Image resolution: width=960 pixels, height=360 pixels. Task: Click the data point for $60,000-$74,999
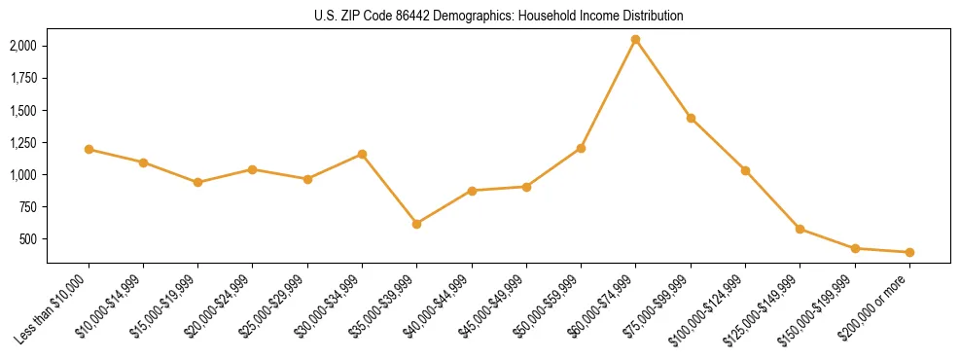(635, 40)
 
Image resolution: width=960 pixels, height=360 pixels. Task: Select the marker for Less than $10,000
(89, 150)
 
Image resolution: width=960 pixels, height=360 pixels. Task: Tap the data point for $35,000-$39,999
(416, 224)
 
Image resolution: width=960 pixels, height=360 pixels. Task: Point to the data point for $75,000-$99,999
(691, 118)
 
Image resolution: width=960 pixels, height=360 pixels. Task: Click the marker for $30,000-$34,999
(362, 154)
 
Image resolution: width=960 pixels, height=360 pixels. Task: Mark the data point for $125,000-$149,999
(800, 229)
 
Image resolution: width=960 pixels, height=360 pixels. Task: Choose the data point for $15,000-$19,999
(197, 182)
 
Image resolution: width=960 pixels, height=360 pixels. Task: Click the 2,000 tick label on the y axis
(23, 46)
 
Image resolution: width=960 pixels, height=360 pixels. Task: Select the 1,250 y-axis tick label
(23, 143)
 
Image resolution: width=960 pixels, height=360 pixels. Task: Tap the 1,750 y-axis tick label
(23, 79)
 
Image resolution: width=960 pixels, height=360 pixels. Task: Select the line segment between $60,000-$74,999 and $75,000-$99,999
(662, 79)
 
